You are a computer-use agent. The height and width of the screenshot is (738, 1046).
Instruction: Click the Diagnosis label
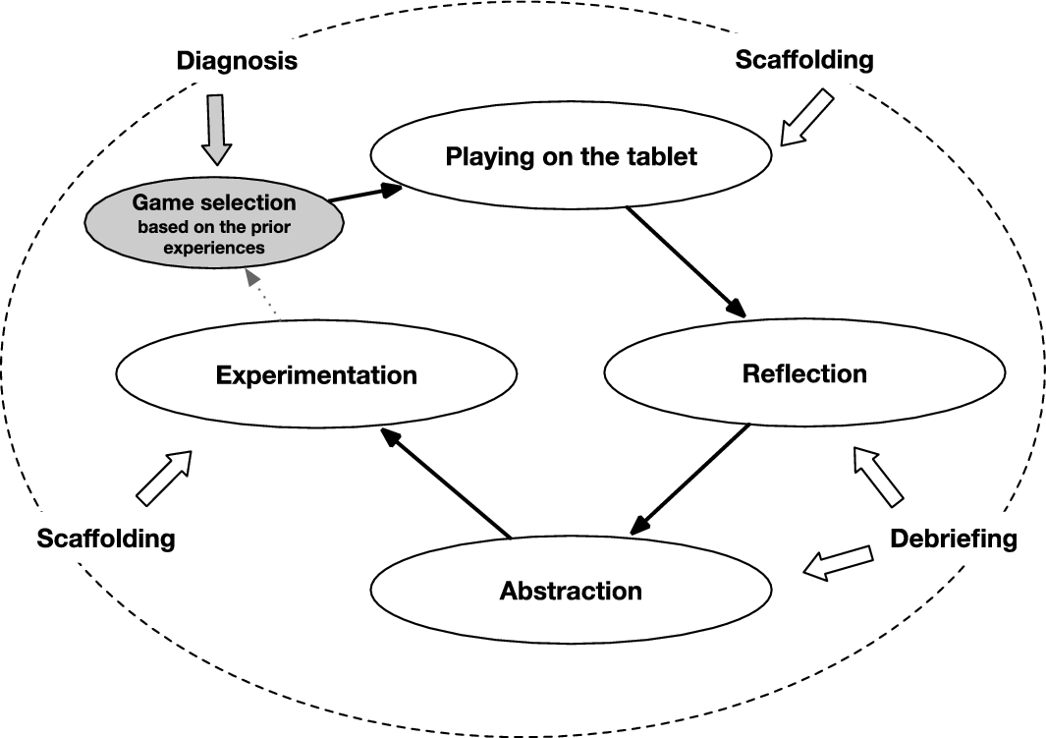(237, 61)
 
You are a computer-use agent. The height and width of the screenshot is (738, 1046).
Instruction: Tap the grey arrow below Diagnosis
(216, 130)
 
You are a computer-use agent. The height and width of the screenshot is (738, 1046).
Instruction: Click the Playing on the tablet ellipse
(571, 155)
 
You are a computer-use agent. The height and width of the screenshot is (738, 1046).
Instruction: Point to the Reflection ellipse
(804, 373)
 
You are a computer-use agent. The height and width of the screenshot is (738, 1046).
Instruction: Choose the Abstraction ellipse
(571, 590)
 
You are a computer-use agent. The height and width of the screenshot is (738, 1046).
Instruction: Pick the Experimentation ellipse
(316, 373)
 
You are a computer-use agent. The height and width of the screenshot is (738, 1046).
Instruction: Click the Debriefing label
(954, 539)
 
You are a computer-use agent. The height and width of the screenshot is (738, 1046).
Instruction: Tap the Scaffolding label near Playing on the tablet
(804, 59)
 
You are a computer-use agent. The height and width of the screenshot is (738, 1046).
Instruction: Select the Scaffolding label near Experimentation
(106, 538)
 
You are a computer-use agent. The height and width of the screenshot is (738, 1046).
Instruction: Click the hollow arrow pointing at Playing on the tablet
(806, 118)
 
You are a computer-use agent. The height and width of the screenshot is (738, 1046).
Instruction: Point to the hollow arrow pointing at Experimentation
(164, 478)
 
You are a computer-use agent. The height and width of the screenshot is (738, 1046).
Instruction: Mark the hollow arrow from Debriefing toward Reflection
(879, 477)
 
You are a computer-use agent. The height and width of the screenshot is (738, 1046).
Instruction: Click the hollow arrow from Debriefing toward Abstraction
(838, 563)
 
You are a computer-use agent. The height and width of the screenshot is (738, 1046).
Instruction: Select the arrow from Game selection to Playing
(365, 193)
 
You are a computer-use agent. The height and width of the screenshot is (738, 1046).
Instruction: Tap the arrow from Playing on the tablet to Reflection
(686, 261)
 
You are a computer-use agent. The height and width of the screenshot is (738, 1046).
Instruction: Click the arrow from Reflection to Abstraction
(689, 480)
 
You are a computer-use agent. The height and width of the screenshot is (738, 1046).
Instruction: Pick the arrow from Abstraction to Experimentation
(446, 483)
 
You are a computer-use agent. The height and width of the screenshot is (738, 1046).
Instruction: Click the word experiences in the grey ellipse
(214, 249)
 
